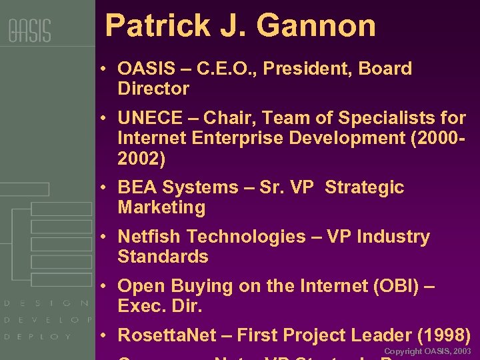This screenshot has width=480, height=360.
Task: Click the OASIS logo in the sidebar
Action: click(x=29, y=31)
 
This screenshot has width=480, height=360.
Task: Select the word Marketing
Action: click(x=161, y=208)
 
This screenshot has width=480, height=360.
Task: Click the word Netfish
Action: click(x=149, y=237)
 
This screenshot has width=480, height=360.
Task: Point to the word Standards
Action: click(x=163, y=257)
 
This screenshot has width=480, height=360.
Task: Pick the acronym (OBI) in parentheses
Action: click(x=393, y=287)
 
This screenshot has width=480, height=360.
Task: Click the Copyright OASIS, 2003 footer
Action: click(x=427, y=351)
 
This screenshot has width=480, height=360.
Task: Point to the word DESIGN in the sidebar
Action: click(x=47, y=303)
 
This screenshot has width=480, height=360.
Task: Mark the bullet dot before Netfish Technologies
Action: click(x=105, y=237)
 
